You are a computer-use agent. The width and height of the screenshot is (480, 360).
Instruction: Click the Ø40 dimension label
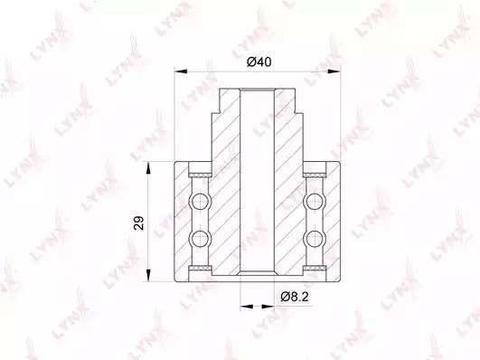coord(259,62)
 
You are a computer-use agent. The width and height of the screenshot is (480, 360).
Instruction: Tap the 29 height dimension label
coord(139,223)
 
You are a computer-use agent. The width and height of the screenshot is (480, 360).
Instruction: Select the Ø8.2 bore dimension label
coord(295,297)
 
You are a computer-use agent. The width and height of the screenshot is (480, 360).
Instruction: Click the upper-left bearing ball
coord(201,202)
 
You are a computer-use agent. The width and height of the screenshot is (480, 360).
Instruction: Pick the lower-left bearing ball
coord(201,239)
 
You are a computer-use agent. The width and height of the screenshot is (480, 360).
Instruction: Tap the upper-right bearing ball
coord(314,202)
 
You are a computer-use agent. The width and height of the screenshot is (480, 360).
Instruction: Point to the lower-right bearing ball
coord(314,239)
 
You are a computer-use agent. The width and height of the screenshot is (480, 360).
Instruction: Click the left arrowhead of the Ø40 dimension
coord(181,71)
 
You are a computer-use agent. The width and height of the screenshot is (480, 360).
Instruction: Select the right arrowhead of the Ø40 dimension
coord(334,71)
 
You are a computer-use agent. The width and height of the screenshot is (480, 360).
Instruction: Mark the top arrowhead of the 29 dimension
coord(148,168)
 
